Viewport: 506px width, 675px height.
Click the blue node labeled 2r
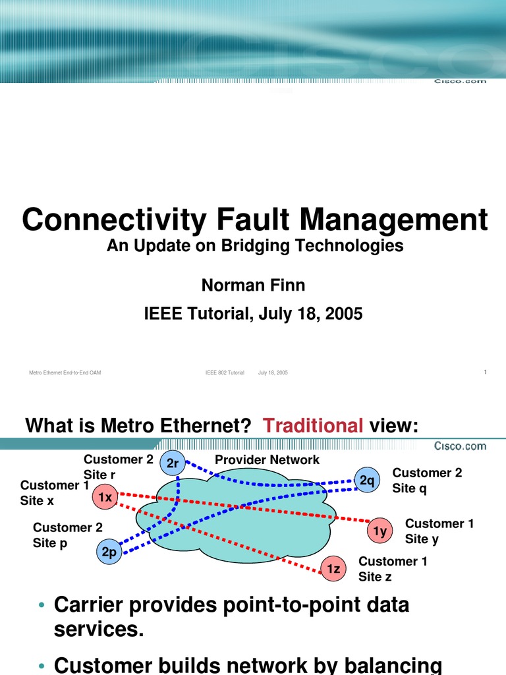[173, 463]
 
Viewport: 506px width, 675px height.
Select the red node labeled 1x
[105, 498]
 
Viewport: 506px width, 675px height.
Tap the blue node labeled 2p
[109, 552]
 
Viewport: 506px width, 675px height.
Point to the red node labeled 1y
[379, 531]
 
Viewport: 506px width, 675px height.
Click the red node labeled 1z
[333, 568]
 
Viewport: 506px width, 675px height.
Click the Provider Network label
[267, 460]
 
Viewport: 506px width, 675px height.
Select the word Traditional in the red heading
[313, 426]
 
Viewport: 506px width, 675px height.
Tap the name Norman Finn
[253, 285]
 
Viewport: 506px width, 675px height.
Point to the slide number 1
[485, 372]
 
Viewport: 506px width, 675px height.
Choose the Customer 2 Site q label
[427, 481]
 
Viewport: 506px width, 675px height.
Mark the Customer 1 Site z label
[393, 569]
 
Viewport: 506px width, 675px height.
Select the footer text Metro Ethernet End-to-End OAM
[65, 373]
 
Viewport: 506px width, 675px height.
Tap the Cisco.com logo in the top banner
[461, 80]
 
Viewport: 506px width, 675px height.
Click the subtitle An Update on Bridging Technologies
[254, 246]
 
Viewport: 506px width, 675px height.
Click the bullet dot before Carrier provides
[42, 606]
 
